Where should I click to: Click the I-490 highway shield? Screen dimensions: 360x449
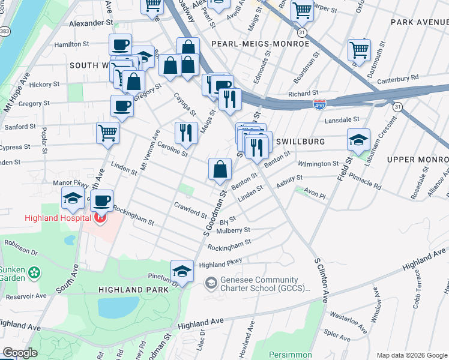320,104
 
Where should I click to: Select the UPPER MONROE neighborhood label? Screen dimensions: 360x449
418,159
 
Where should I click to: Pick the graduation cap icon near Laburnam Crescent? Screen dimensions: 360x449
358,141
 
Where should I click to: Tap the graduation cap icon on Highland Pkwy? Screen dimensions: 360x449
182,271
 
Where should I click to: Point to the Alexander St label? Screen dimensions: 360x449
91,23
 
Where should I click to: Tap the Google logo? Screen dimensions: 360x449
20,353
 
